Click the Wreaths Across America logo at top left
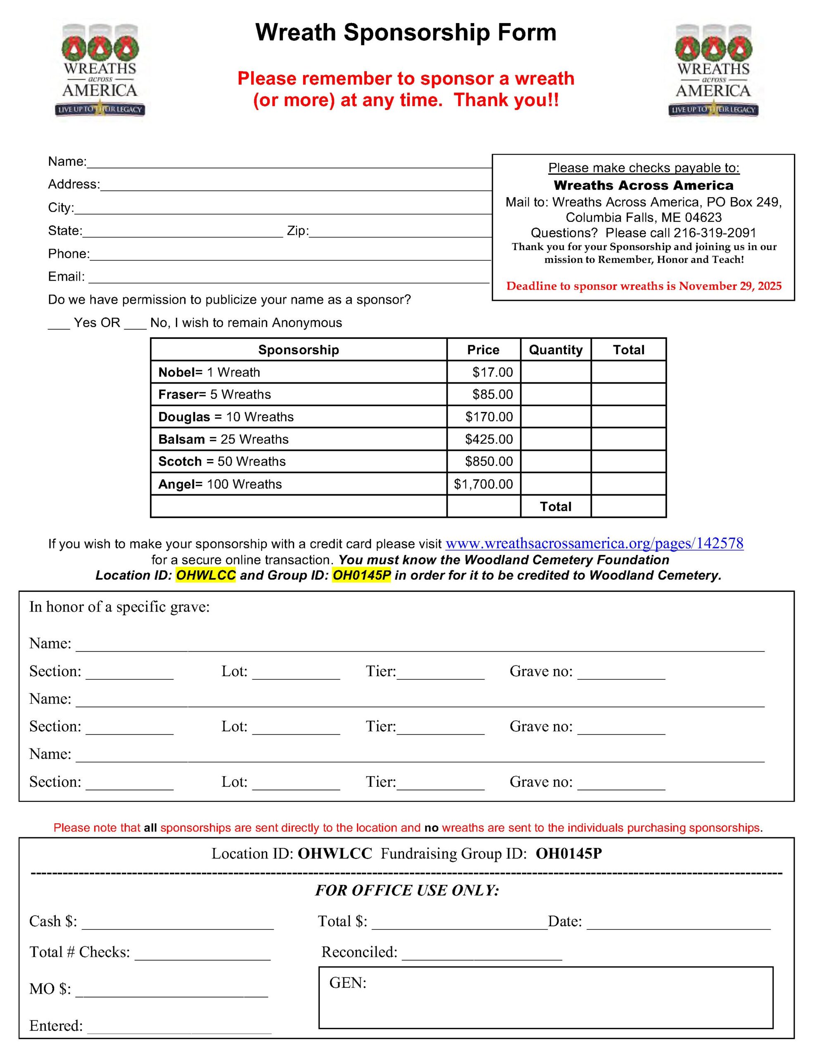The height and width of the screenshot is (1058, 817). click(x=100, y=70)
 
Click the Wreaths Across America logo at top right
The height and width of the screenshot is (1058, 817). click(x=713, y=70)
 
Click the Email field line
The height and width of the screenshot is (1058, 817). click(x=289, y=278)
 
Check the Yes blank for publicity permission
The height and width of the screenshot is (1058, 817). click(x=59, y=324)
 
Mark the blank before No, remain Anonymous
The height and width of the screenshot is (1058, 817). click(x=135, y=324)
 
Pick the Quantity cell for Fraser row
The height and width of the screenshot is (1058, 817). click(x=556, y=394)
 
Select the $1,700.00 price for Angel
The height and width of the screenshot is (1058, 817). click(x=483, y=484)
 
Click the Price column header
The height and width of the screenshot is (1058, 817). click(x=483, y=350)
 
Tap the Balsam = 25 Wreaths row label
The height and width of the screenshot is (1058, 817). click(x=223, y=439)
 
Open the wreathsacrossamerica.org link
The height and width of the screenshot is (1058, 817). click(x=594, y=543)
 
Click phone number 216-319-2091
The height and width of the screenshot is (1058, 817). click(x=715, y=233)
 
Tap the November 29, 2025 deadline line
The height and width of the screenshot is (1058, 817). click(x=644, y=286)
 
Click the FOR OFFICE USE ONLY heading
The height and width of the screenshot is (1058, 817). click(x=407, y=890)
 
